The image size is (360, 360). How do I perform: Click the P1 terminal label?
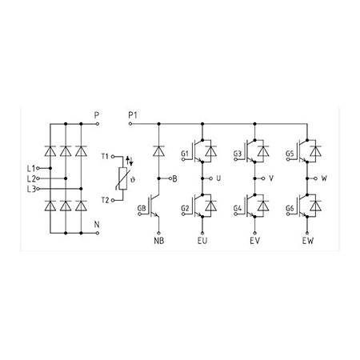133,115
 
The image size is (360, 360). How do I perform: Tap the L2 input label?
31,178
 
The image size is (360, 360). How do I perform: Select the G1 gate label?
185,154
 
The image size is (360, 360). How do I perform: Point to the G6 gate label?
290,208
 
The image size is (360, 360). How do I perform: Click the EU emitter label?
202,241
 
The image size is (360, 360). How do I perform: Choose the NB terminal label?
159,241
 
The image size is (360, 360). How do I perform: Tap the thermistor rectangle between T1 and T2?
123,178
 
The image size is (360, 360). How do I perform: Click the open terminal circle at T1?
113,157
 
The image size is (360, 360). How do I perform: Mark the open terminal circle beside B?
170,178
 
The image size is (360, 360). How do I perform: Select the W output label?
324,178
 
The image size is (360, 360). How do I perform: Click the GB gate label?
142,208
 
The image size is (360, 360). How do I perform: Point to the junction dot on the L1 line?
50,168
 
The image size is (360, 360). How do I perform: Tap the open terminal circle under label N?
98,233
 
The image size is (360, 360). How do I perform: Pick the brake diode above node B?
159,150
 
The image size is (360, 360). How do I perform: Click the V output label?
271,178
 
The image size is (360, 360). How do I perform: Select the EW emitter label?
308,241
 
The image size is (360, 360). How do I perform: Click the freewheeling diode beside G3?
263,151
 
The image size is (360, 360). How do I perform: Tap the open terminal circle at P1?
130,124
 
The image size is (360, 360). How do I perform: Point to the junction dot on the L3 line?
81,189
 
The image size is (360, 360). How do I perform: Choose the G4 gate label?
238,208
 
